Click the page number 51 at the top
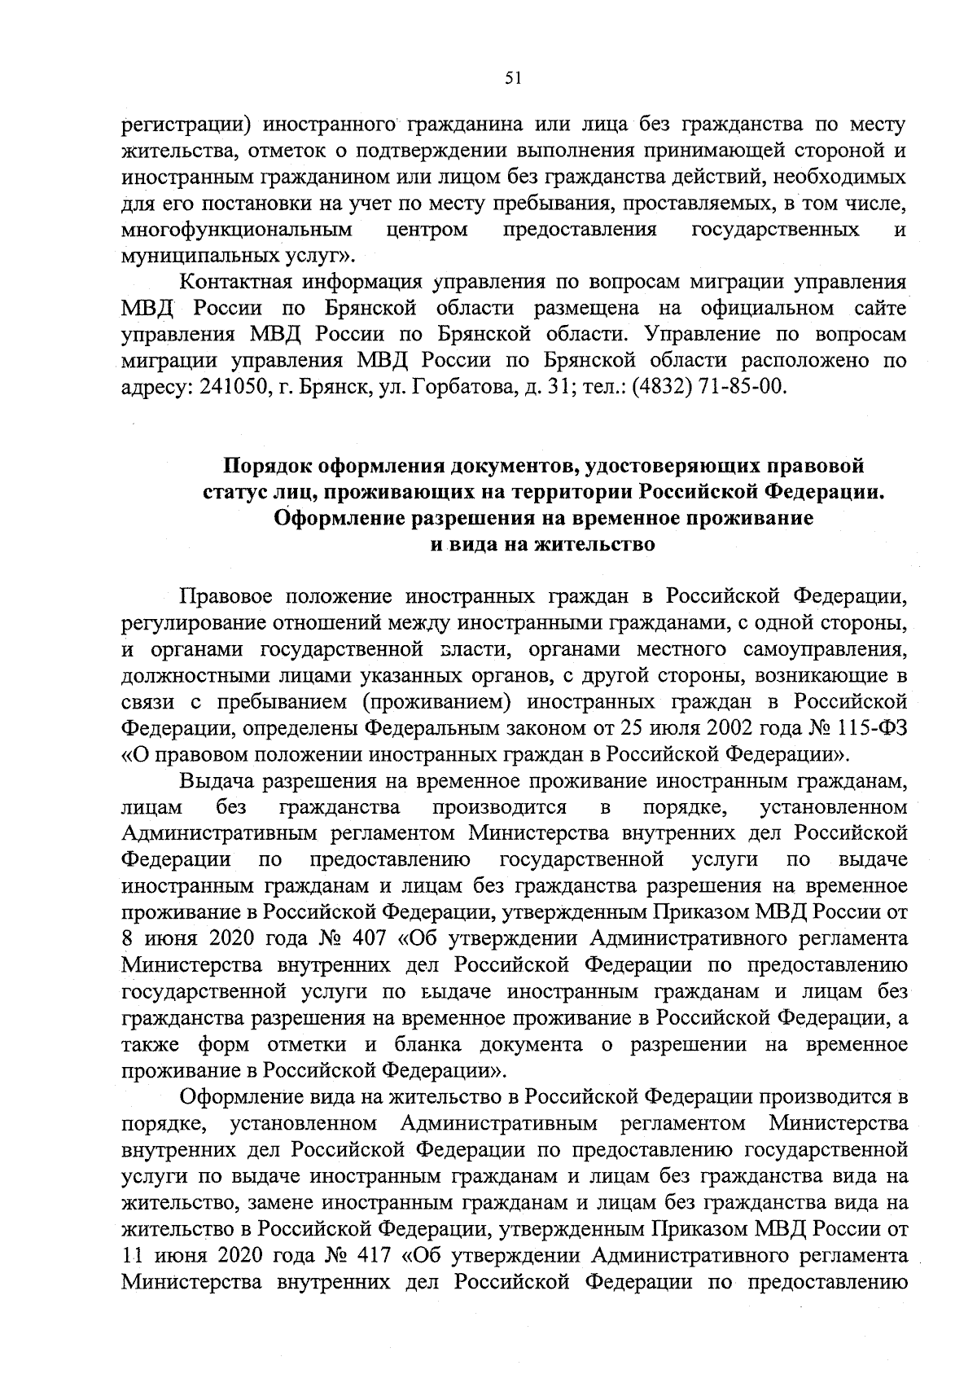click(x=512, y=78)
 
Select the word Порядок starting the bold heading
click(x=270, y=466)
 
